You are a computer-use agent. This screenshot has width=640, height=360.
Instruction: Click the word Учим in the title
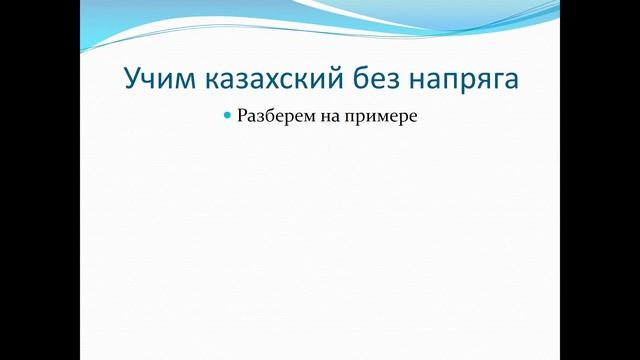(x=154, y=79)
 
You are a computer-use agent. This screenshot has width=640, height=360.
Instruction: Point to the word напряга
(x=459, y=80)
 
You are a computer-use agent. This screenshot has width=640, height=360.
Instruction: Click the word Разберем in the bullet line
(x=272, y=117)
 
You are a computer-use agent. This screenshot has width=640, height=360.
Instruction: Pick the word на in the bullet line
(x=326, y=117)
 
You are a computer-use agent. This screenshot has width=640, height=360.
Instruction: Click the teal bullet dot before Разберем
(x=228, y=116)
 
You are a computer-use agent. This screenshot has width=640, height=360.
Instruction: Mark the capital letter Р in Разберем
(x=243, y=116)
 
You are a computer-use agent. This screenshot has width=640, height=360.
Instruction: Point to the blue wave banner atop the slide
(x=320, y=20)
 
